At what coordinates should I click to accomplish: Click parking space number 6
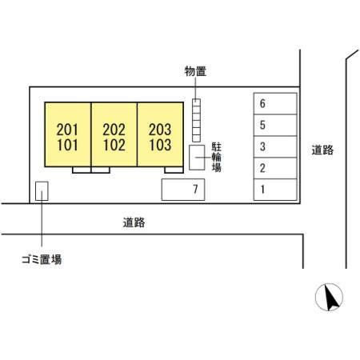click(x=275, y=104)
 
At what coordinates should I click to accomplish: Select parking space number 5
click(x=275, y=126)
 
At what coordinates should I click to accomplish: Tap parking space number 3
click(x=275, y=146)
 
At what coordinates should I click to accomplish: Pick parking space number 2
click(x=275, y=168)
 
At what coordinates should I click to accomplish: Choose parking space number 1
click(x=275, y=190)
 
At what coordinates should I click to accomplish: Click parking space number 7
click(x=183, y=190)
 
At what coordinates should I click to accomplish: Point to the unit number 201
click(x=67, y=130)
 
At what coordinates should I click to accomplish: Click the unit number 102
click(x=114, y=145)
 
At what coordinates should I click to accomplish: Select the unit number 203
click(x=160, y=130)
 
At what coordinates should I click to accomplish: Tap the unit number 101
click(x=67, y=145)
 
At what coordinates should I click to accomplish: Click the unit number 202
click(x=114, y=130)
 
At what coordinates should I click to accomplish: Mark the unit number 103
click(x=160, y=145)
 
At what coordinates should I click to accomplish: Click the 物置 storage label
click(x=195, y=71)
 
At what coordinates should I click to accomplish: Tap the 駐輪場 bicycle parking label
click(x=217, y=157)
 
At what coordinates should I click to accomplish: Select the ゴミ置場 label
click(x=42, y=259)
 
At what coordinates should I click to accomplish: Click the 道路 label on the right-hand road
click(x=322, y=150)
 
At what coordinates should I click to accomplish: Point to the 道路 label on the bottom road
click(x=134, y=222)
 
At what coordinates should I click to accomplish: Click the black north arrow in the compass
click(x=330, y=298)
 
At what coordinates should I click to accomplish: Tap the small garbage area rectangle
click(x=42, y=191)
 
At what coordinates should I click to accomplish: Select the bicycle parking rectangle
click(x=197, y=158)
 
